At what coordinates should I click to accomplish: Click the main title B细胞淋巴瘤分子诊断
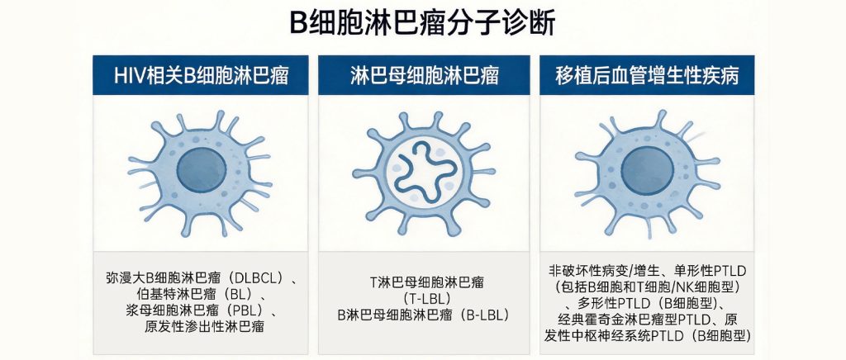coord(422,24)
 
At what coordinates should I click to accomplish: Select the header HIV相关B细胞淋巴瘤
coord(201,75)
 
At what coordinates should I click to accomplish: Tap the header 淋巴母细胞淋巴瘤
coord(424,75)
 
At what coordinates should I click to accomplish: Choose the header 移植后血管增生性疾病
coord(647,75)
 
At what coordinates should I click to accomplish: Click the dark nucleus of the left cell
coord(201,170)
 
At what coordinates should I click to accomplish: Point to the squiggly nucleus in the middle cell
coord(425,172)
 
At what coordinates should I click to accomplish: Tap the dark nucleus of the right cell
coord(647,171)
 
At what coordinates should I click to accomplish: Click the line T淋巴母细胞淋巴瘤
coord(427,282)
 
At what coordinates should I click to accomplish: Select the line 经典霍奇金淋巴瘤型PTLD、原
coord(647,318)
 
